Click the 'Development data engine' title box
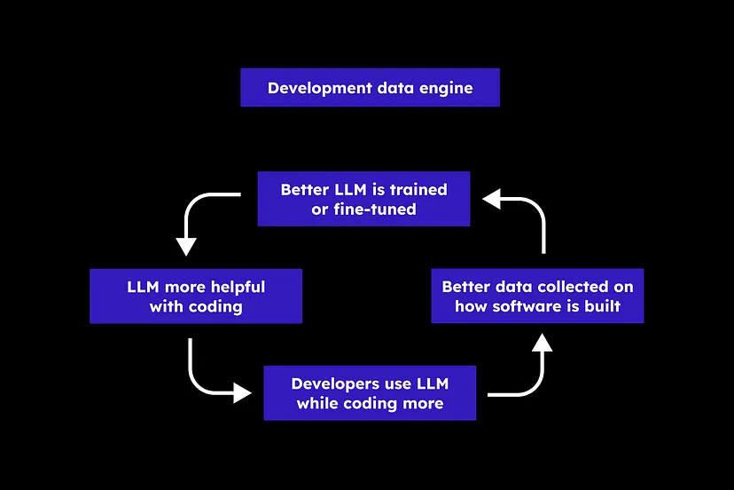(x=370, y=88)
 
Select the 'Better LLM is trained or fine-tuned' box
(x=363, y=199)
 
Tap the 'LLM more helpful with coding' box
(x=196, y=296)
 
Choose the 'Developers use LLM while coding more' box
(x=370, y=393)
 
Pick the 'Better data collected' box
(x=537, y=296)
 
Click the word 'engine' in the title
(x=448, y=88)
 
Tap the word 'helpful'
(x=237, y=287)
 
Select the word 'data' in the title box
(x=387, y=88)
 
